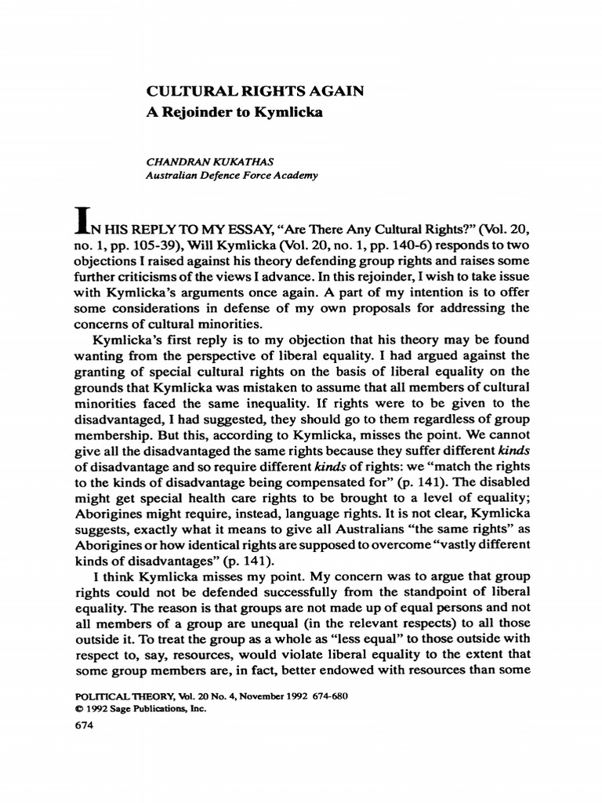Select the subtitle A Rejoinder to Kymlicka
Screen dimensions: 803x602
tap(235, 112)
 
